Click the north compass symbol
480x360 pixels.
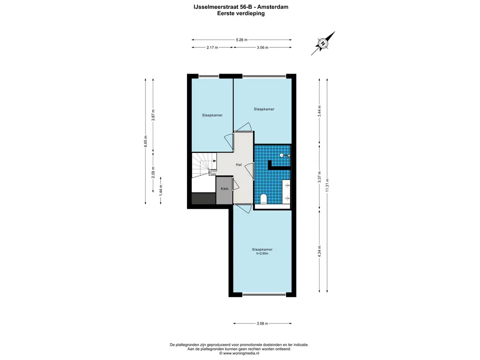click(x=323, y=44)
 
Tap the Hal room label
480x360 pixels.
click(x=239, y=165)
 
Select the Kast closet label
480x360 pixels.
click(x=225, y=188)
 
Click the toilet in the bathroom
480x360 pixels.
click(x=263, y=199)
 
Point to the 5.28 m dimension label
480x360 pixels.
click(x=241, y=40)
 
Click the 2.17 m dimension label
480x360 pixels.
click(x=212, y=47)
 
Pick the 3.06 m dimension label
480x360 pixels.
click(x=262, y=47)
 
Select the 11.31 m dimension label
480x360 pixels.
click(x=327, y=185)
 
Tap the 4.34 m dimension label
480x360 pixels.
click(x=320, y=251)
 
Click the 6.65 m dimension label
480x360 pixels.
click(x=146, y=142)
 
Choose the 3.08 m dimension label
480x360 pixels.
click(x=262, y=323)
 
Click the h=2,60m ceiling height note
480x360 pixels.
click(x=262, y=254)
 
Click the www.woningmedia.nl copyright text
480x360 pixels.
click(x=239, y=353)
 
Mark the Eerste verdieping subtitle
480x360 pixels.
click(x=241, y=14)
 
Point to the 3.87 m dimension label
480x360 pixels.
click(x=153, y=115)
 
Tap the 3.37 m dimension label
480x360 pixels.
click(x=320, y=177)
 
